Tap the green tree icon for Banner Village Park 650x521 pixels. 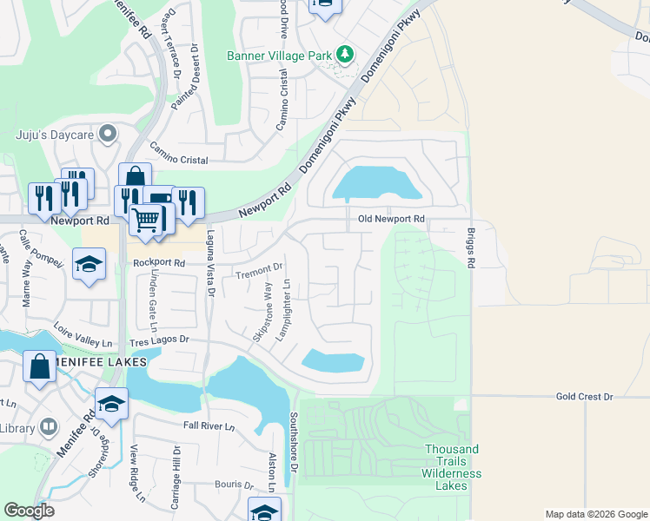(x=346, y=55)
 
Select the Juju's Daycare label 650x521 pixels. (x=55, y=134)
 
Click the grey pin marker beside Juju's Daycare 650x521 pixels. (x=108, y=134)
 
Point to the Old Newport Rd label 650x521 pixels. (x=391, y=220)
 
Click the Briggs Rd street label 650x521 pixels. (x=471, y=248)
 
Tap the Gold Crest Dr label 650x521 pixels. (x=584, y=397)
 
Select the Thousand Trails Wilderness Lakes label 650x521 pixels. (x=451, y=467)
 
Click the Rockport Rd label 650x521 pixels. (x=159, y=262)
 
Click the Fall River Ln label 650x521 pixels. (x=209, y=426)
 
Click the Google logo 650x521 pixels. (x=30, y=511)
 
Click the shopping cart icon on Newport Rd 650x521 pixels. (x=147, y=221)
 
